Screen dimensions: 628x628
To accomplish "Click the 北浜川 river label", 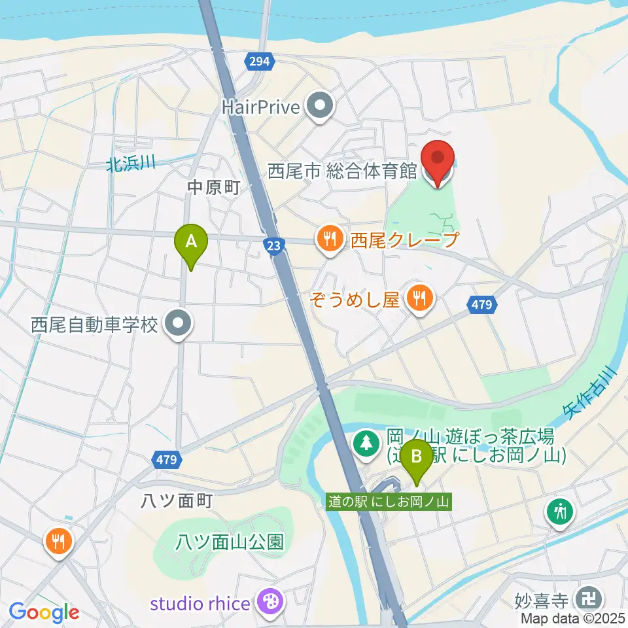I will (x=131, y=164).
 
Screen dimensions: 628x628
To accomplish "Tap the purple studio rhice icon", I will (x=269, y=601).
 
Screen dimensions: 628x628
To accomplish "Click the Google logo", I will (x=44, y=612).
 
